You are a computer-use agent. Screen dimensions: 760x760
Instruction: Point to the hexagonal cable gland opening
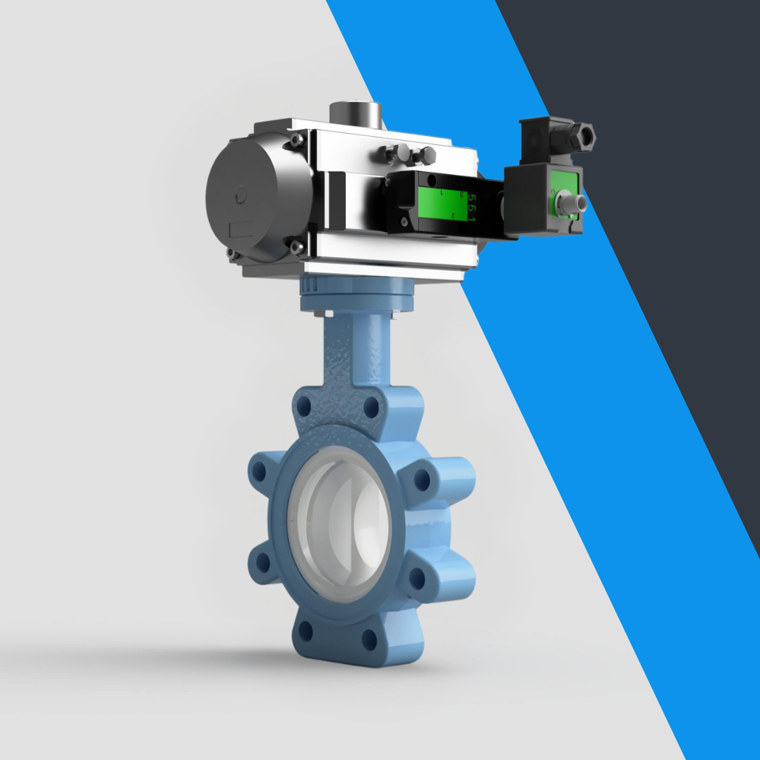pos(585,137)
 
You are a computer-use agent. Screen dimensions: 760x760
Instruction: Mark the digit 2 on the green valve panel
pos(453,215)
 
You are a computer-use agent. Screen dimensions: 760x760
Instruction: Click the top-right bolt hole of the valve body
pos(372,408)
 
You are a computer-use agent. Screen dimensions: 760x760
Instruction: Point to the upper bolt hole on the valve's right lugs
pos(420,480)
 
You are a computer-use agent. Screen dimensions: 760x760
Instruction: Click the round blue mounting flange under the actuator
pos(357,295)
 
